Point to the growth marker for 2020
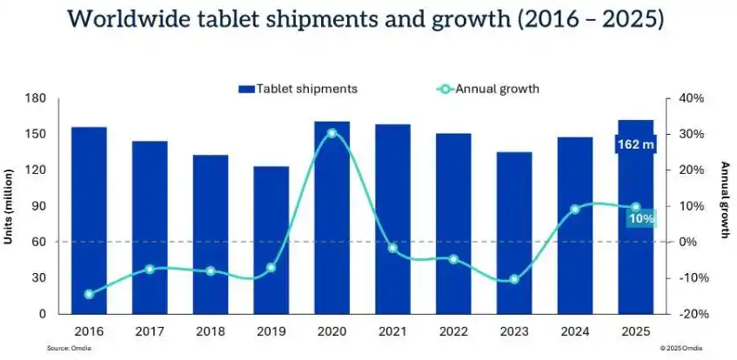tap(332, 133)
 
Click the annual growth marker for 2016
tap(90, 294)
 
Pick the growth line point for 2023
tap(514, 279)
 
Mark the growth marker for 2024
tap(575, 210)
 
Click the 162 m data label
tap(636, 143)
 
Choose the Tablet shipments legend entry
tap(298, 88)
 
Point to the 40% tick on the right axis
tap(687, 98)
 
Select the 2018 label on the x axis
tap(210, 330)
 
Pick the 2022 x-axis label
tap(453, 330)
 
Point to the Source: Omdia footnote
tap(68, 348)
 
